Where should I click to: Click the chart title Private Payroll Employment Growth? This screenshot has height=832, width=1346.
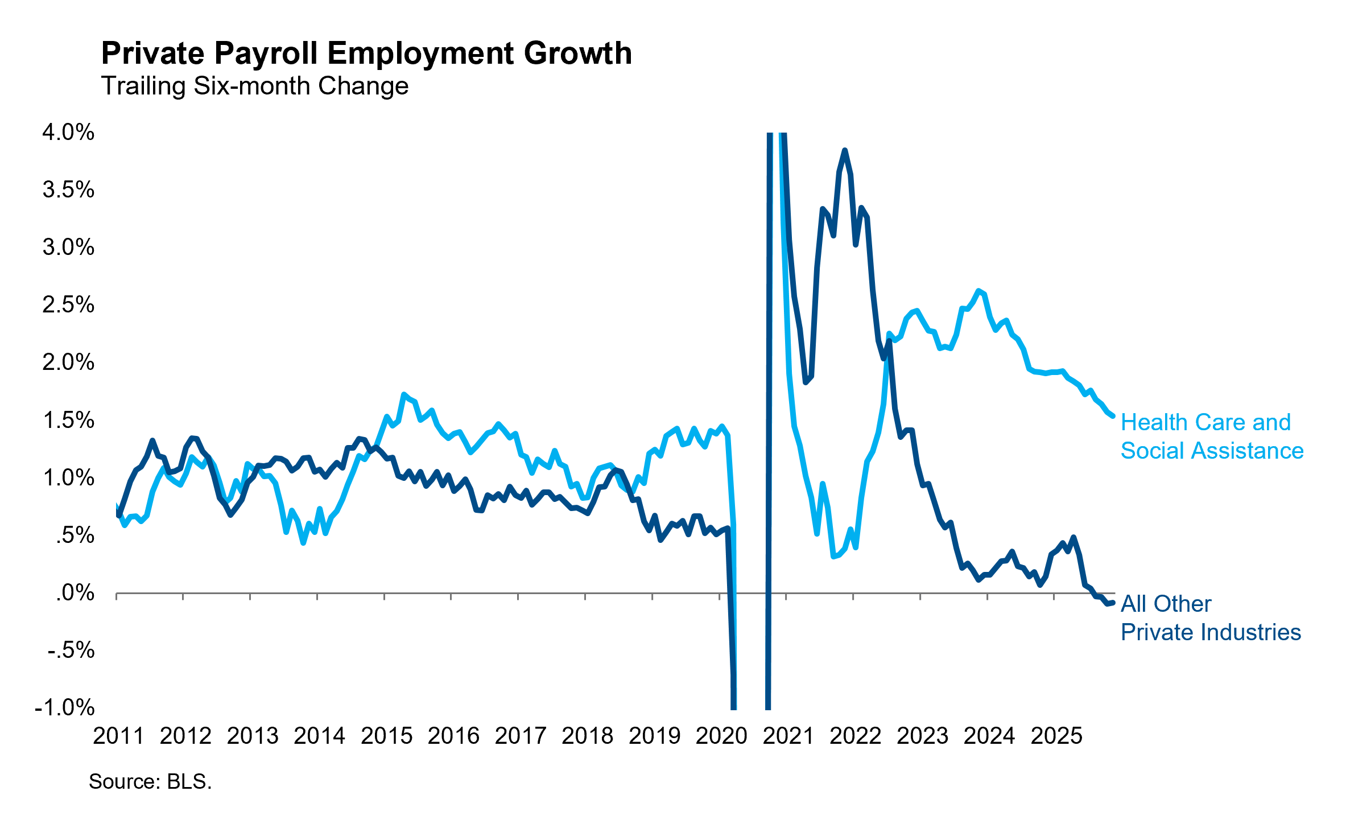[366, 53]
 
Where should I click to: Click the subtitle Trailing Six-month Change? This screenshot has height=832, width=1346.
[254, 86]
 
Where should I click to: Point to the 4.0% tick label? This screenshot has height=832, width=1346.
[68, 132]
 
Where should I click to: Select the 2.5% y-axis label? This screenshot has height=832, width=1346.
[68, 304]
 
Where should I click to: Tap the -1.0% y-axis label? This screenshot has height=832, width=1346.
[65, 707]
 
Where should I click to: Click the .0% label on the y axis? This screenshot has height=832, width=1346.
[75, 592]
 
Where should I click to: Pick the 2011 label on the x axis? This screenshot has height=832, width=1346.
[118, 736]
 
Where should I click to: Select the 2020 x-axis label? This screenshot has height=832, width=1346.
[721, 736]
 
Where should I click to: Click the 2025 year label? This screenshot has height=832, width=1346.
[1056, 736]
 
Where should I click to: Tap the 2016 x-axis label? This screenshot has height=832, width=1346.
[453, 736]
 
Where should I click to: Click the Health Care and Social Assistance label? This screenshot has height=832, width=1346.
[1212, 436]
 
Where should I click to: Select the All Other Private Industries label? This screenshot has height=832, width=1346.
[1211, 618]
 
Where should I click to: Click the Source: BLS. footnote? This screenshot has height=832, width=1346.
[150, 782]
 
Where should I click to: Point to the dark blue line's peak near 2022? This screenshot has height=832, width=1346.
[845, 150]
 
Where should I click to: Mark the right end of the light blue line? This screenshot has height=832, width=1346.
[1113, 417]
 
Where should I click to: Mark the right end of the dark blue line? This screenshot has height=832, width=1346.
[1113, 603]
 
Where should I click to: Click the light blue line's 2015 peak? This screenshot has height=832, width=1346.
[403, 394]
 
